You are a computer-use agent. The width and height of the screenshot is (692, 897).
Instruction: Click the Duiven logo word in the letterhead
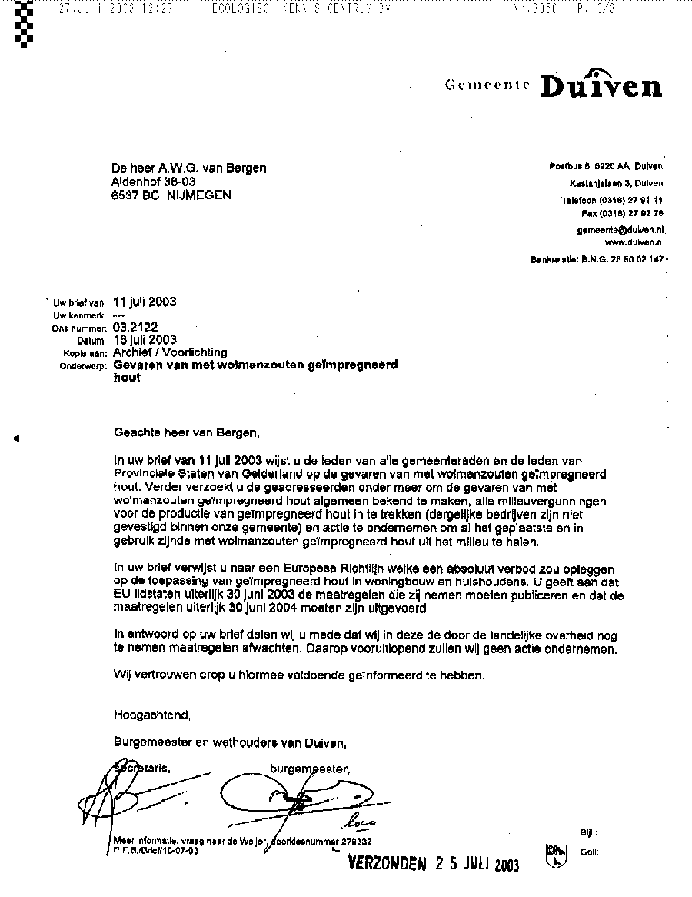[601, 85]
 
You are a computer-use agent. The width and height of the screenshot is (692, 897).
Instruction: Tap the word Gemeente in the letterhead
[487, 86]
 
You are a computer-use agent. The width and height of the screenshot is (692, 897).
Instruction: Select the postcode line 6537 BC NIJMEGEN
[171, 195]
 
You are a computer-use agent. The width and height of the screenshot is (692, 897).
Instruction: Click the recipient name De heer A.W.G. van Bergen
[190, 168]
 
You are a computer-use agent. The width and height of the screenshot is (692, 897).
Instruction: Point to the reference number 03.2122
[135, 327]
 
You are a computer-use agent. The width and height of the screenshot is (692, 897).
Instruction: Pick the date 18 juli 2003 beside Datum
[145, 339]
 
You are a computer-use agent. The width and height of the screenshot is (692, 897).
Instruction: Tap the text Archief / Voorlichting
[170, 352]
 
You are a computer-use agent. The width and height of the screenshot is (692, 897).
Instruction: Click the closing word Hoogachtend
[151, 715]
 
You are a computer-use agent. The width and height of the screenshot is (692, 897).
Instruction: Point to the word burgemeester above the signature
[310, 768]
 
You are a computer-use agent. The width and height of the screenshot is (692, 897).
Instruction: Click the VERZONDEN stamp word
[387, 863]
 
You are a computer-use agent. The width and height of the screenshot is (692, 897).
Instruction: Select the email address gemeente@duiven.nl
[621, 229]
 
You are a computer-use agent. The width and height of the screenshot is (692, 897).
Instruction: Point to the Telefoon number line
[612, 200]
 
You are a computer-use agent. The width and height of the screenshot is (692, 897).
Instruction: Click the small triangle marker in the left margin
[16, 438]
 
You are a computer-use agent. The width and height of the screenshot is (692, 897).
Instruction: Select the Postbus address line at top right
[606, 167]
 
